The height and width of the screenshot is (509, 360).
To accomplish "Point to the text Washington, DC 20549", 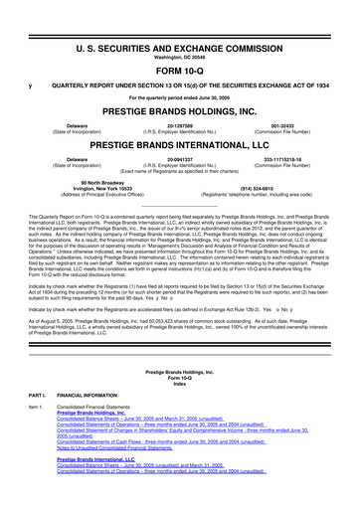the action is pos(179,28).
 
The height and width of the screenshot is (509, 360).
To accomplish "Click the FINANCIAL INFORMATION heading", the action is pos(101,403).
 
